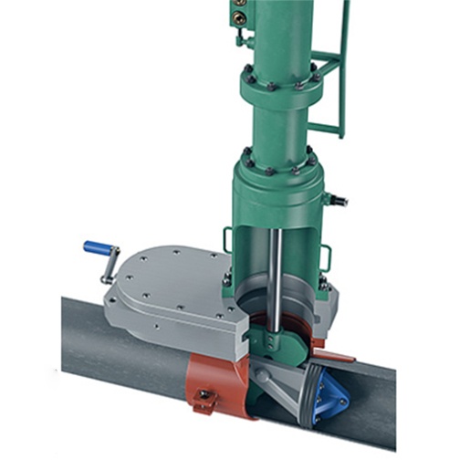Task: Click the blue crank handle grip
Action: tap(97, 246)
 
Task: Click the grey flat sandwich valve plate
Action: tap(173, 292)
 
